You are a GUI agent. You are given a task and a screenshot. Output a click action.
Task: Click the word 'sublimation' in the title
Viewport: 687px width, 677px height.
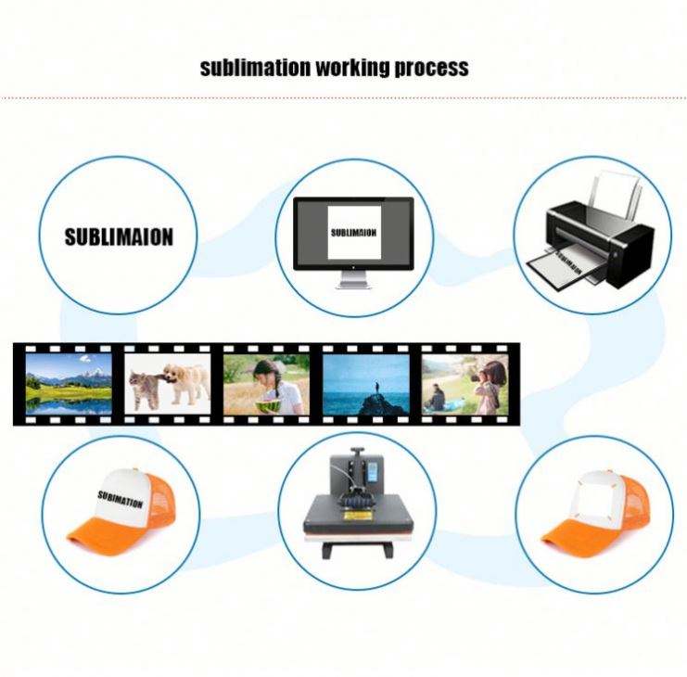(x=255, y=68)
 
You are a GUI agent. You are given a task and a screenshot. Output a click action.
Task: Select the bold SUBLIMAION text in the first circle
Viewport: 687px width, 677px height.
(x=119, y=236)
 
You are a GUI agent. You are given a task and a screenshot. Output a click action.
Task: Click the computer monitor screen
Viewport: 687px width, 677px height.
(x=353, y=233)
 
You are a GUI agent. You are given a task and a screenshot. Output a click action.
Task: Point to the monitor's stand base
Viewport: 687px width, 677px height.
(x=353, y=285)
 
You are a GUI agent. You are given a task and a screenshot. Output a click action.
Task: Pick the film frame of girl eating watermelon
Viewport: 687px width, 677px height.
(x=265, y=382)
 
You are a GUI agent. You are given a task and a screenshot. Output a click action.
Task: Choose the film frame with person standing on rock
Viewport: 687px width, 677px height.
(x=365, y=382)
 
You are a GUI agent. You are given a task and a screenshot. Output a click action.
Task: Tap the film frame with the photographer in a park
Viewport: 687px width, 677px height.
(x=464, y=382)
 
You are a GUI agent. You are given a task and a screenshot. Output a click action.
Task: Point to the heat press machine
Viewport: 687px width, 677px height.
(x=356, y=505)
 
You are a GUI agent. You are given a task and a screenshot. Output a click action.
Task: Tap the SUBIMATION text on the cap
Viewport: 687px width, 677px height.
(x=121, y=500)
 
